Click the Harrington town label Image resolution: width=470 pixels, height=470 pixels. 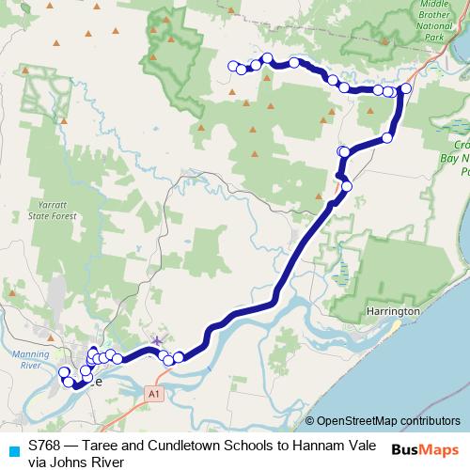tap(394, 310)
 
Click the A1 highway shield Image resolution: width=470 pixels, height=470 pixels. tap(155, 396)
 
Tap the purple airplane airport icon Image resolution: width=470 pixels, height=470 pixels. tap(156, 341)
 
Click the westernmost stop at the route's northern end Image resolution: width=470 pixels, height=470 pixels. tap(234, 66)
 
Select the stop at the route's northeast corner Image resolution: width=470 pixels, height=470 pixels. tap(406, 88)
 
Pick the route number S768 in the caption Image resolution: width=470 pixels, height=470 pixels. tap(46, 446)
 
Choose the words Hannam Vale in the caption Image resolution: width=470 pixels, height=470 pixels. tap(339, 446)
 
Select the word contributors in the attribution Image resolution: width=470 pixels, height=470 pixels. tap(430, 421)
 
